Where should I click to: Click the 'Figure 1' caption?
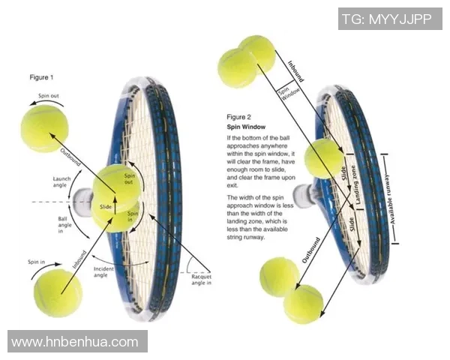point(41,78)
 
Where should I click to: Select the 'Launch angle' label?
point(61,183)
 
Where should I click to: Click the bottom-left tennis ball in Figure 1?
point(58,293)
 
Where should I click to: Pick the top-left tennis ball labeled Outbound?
point(44,128)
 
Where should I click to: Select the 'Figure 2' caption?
point(239,117)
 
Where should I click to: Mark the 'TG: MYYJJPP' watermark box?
point(390,19)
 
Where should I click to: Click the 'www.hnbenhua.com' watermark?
point(75,342)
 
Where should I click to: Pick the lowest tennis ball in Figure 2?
point(303,304)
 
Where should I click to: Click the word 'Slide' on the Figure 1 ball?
point(106,206)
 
